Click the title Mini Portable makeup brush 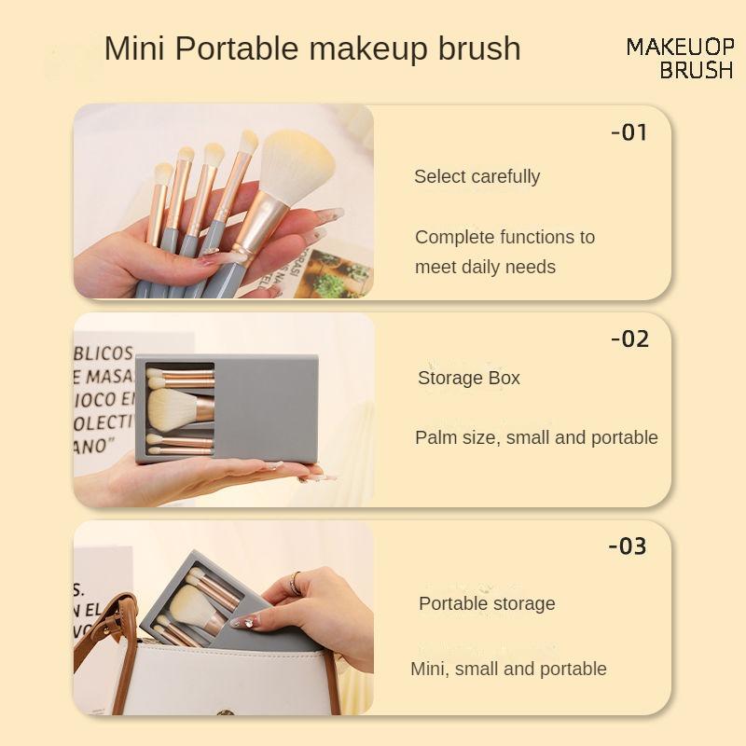pyautogui.click(x=312, y=48)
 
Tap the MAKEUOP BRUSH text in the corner pyautogui.click(x=680, y=58)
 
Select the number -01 pyautogui.click(x=629, y=132)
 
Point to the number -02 pyautogui.click(x=629, y=338)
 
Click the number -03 pyautogui.click(x=628, y=546)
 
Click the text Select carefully pyautogui.click(x=477, y=176)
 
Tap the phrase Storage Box pyautogui.click(x=468, y=378)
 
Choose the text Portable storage pyautogui.click(x=487, y=603)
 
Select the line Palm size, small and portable pyautogui.click(x=536, y=437)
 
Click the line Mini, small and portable pyautogui.click(x=508, y=669)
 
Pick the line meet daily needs pyautogui.click(x=485, y=267)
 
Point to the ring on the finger pyautogui.click(x=296, y=584)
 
